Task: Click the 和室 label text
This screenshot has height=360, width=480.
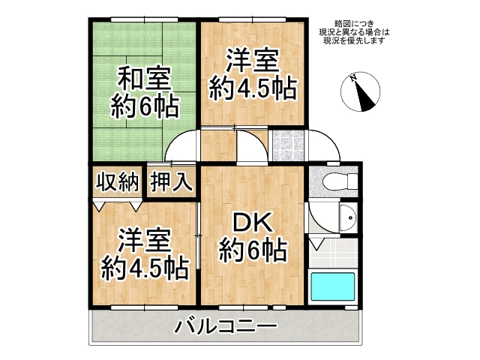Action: [143, 78]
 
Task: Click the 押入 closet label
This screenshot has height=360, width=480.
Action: [172, 182]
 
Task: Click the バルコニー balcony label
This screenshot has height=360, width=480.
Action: [226, 327]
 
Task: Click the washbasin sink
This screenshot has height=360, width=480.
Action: [348, 220]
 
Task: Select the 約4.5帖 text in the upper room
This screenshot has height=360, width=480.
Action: [252, 88]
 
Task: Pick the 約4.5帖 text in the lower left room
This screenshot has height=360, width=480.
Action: [145, 266]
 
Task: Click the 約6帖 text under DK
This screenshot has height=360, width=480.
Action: [252, 249]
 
